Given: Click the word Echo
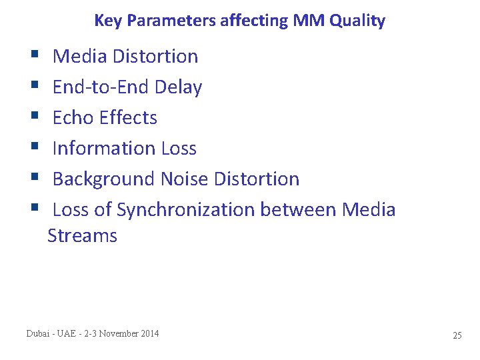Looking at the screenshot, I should tap(73, 118).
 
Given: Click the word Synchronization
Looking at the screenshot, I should tap(185, 210).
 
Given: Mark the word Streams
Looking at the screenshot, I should tap(82, 236).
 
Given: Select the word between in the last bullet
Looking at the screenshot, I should tap(298, 210).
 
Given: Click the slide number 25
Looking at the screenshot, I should tap(457, 335).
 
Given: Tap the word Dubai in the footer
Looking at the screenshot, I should tap(38, 333).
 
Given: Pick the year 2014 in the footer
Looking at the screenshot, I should tap(149, 333).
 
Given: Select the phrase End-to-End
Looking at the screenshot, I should tap(101, 87).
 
